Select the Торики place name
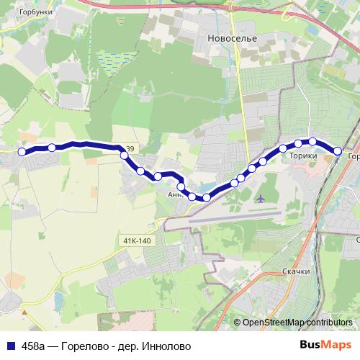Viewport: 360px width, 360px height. point(303,154)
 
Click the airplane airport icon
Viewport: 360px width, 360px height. point(260,197)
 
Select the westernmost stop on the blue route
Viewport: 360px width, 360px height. point(22,151)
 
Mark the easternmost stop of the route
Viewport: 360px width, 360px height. point(337,150)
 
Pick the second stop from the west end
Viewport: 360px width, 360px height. point(52,148)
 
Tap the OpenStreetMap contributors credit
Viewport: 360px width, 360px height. point(297,323)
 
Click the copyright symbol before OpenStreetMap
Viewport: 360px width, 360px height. point(237,323)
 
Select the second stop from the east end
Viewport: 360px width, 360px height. point(313,142)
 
